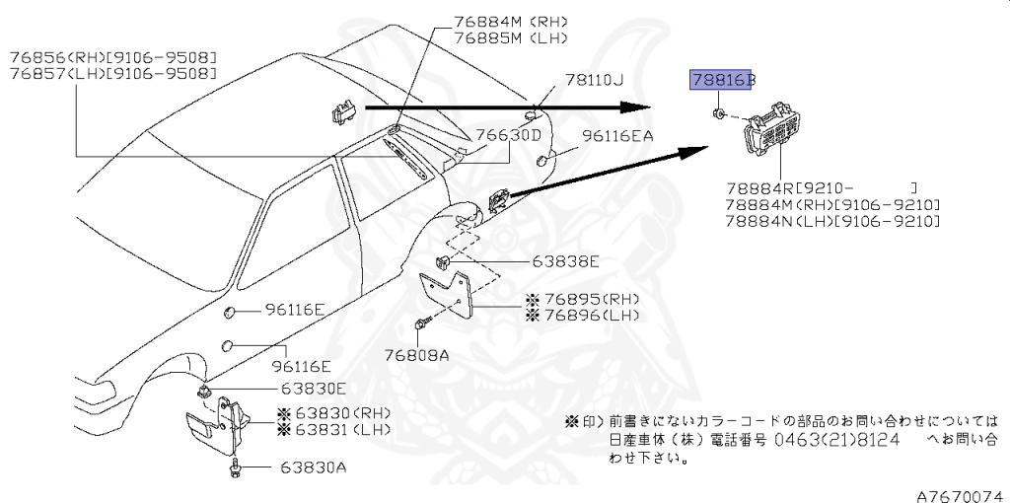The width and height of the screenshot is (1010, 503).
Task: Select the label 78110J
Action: [595, 81]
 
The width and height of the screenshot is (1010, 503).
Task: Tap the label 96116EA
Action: [616, 136]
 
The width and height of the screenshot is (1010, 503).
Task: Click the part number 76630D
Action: [509, 135]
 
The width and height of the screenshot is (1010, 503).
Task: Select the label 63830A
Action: [313, 467]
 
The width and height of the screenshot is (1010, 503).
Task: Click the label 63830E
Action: [312, 389]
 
